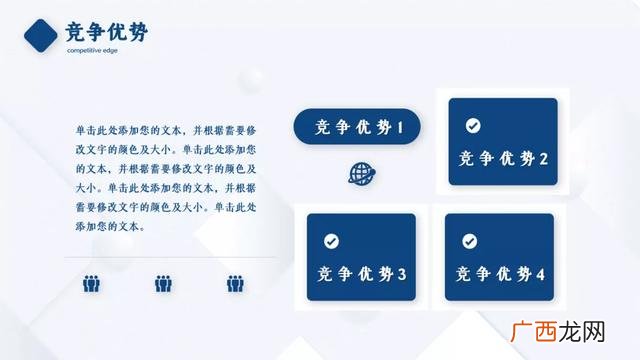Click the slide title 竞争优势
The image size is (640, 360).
(106, 33)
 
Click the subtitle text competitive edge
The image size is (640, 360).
(92, 50)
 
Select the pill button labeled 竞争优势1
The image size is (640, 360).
(357, 127)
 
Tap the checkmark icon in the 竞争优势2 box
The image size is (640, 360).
(473, 125)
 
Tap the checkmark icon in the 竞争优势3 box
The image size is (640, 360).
(331, 241)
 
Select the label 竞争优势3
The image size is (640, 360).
(361, 274)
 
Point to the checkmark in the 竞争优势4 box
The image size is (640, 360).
(469, 241)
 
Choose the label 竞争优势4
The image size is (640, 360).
(499, 274)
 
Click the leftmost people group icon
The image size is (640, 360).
(91, 284)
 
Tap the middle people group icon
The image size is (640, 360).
(164, 284)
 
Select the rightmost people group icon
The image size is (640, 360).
(235, 284)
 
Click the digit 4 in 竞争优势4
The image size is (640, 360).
(540, 274)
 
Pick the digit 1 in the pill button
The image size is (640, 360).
(400, 127)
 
